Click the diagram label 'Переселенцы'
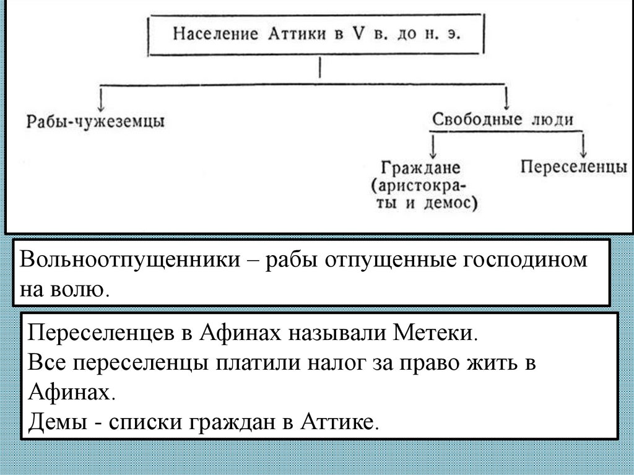click(x=573, y=166)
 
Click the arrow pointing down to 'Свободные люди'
click(x=507, y=97)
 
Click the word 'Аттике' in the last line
click(x=338, y=424)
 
